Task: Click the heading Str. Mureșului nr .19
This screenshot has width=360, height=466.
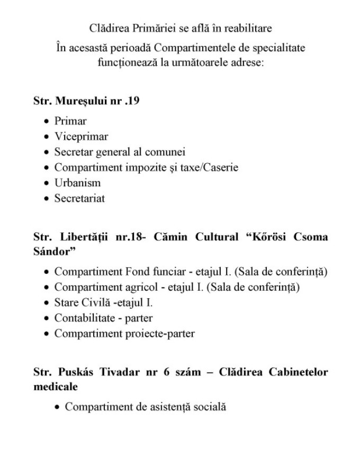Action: click(86, 101)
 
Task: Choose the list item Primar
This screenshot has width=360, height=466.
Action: click(70, 121)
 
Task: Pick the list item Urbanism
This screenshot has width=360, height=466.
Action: click(77, 183)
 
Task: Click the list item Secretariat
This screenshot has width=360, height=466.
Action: click(79, 199)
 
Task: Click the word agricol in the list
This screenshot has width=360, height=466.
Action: click(139, 288)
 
